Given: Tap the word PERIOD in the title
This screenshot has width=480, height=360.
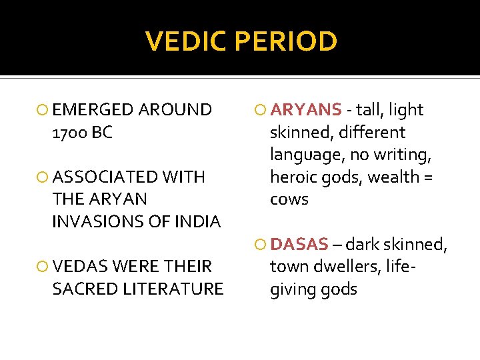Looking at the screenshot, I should coord(287,41).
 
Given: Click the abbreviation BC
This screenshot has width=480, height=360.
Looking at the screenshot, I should coord(103,132).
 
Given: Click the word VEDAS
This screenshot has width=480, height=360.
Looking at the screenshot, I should coord(81,267).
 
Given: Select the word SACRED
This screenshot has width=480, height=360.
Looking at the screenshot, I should coord(83,289).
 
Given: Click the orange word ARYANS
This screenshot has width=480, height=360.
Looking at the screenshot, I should coord(306,109).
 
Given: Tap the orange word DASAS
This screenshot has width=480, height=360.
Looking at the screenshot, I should coord(299,244).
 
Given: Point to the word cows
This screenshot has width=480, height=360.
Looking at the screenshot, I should coord(289,199).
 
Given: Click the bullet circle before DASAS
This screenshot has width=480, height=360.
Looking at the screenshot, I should coord(261,245).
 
